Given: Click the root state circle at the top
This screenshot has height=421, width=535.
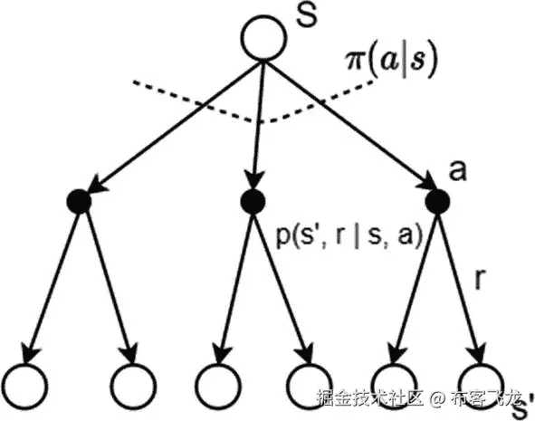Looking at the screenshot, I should click(263, 39).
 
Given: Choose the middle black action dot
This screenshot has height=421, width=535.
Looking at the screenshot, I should click(253, 201).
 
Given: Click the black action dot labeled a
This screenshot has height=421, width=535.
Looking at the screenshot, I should click(438, 201).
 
